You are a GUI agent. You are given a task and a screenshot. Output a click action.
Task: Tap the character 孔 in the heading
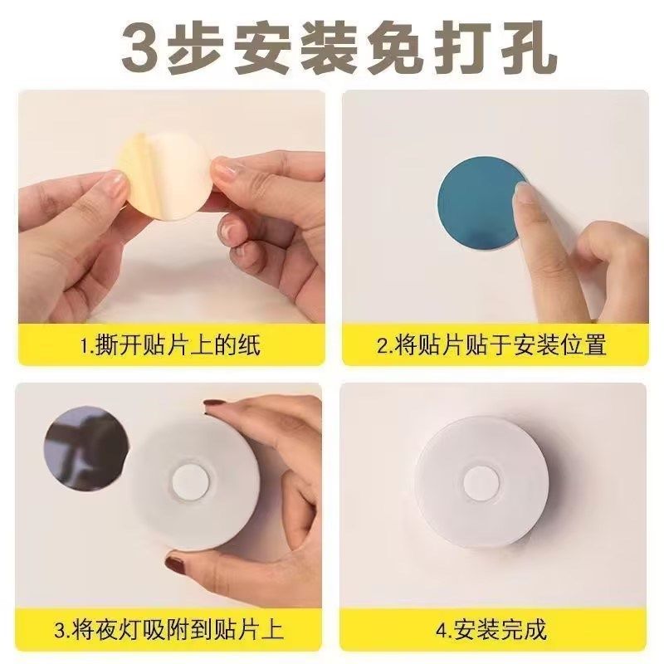click(x=524, y=48)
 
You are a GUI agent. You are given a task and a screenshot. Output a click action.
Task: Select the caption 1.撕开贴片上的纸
click(x=169, y=344)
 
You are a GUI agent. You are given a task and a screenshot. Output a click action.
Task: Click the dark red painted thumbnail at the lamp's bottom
click(x=176, y=566)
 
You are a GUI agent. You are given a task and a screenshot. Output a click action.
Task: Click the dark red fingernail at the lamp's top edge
click(x=217, y=406)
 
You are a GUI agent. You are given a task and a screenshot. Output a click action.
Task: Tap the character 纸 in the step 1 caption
click(x=248, y=344)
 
